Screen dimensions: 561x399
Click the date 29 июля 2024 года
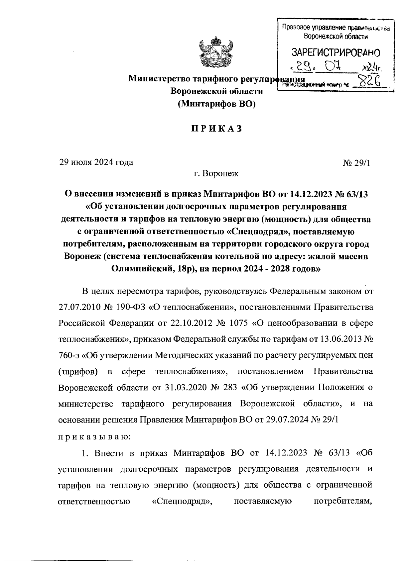(x=96, y=162)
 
